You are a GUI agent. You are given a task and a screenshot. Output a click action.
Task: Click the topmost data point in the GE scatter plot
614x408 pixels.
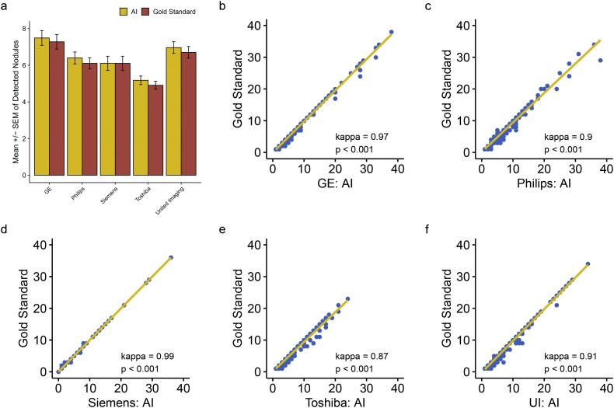pos(391,32)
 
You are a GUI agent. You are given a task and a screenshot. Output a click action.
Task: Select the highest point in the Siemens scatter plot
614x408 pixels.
pos(171,257)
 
